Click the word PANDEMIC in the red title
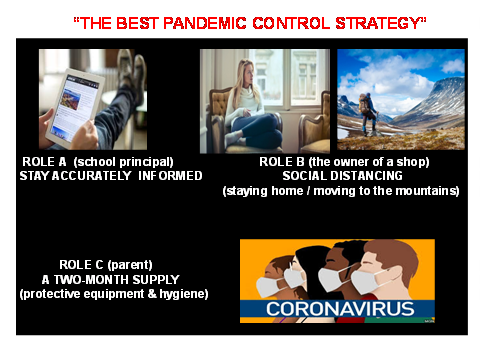[205, 23]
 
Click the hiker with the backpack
[368, 113]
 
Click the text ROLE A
[44, 162]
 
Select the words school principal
[123, 162]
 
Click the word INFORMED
[170, 176]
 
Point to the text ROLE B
[282, 162]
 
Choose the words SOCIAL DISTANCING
[342, 176]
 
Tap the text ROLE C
[81, 265]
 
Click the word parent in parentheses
[130, 265]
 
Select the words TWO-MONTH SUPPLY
[117, 279]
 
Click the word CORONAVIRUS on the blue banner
[340, 309]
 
